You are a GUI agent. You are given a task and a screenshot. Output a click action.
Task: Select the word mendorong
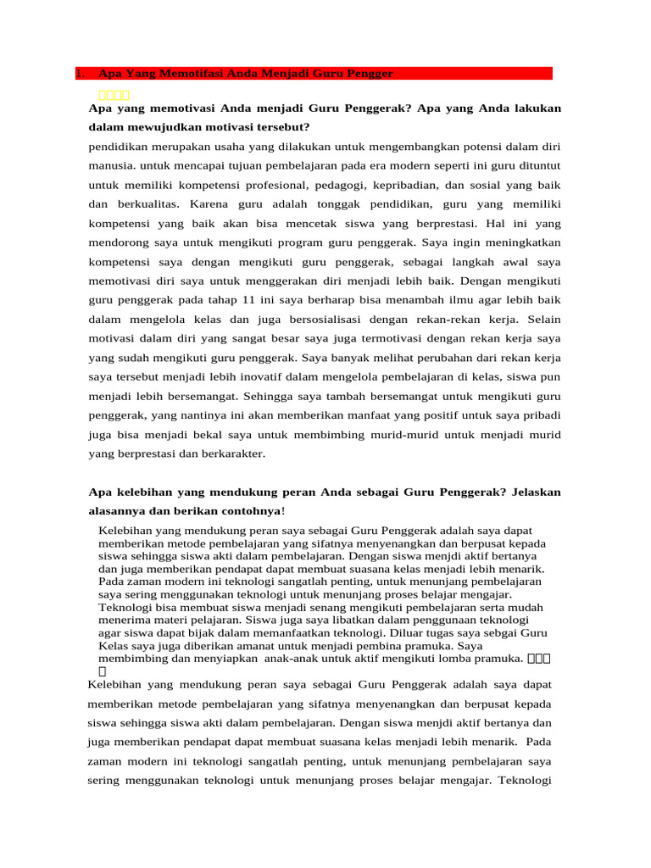(117, 243)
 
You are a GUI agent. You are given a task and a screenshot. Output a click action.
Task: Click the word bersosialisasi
(320, 320)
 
